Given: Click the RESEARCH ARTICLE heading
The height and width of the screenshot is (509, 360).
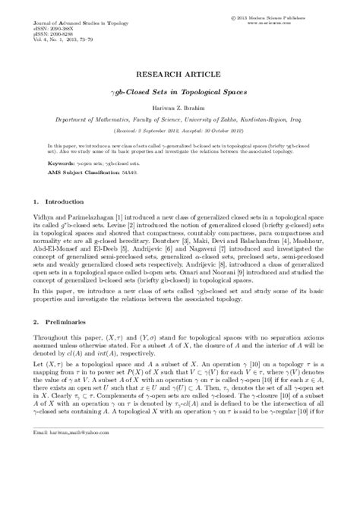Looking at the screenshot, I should tap(180, 77).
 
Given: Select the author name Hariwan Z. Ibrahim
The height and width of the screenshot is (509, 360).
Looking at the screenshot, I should tap(180, 109).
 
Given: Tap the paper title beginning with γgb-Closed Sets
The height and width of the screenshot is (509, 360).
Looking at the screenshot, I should tap(180, 93).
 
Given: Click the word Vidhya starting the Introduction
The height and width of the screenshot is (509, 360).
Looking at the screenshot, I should tap(46, 217).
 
